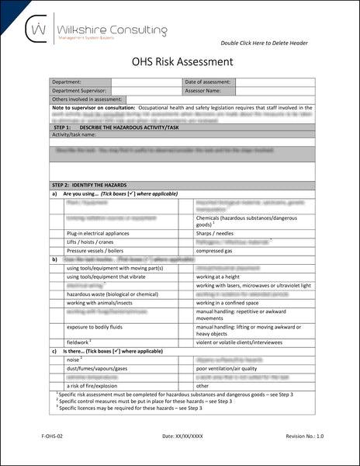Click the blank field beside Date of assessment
click(275, 82)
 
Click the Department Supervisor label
click(80, 90)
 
